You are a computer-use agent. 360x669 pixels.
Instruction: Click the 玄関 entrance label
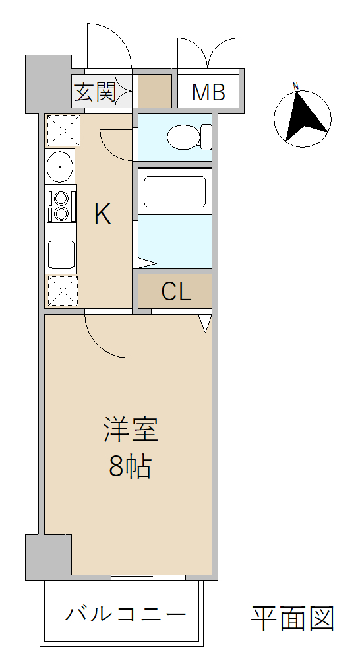95,92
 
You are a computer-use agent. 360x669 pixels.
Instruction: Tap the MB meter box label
208,92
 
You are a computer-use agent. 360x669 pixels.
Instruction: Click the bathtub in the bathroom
175,191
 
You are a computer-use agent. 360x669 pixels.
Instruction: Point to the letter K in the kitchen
103,214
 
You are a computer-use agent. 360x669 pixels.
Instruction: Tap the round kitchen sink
60,166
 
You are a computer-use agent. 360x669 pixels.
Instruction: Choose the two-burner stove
61,207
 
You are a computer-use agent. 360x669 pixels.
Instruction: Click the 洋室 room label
131,430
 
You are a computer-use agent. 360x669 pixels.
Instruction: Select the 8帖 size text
130,466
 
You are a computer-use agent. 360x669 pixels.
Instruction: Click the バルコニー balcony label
125,614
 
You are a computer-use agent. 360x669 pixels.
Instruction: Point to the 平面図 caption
292,618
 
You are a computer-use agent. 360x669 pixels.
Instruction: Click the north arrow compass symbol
303,119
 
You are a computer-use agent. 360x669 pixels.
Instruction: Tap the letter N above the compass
296,86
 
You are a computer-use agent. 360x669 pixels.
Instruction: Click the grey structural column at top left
48,84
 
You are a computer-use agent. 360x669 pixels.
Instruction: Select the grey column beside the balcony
48,557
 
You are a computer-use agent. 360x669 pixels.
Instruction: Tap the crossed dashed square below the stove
63,291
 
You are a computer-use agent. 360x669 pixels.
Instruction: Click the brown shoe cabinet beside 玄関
155,91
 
